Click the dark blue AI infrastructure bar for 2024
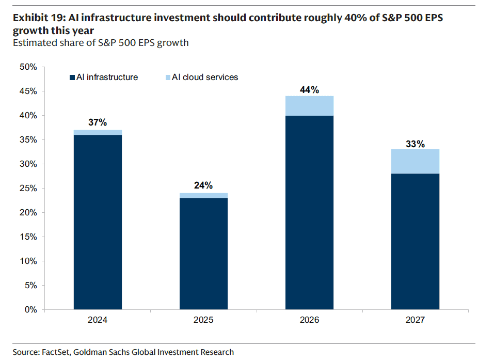[98, 222]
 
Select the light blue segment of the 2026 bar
[309, 106]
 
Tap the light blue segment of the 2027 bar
[415, 162]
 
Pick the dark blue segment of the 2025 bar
[203, 253]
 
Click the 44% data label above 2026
[309, 90]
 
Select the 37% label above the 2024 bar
[98, 123]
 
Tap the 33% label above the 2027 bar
[415, 144]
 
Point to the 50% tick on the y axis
[28, 67]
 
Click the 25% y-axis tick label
[28, 189]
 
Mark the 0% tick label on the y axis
[30, 310]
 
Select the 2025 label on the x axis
[203, 320]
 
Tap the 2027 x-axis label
[415, 320]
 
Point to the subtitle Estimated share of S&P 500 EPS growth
[100, 43]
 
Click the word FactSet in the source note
[55, 352]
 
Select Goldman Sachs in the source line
[101, 352]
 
